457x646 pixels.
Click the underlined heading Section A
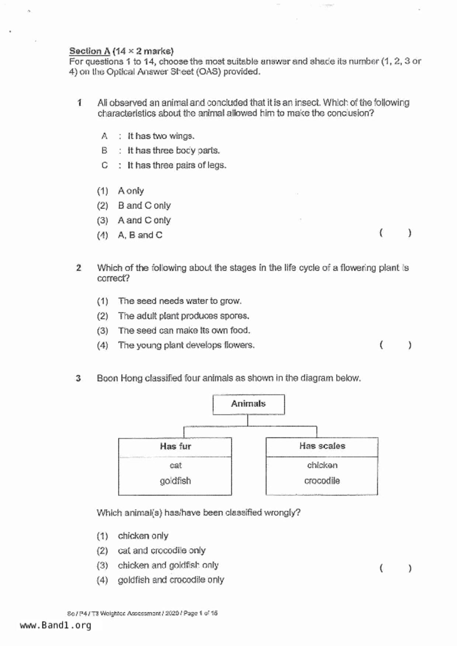tap(90, 51)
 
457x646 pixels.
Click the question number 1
tap(79, 103)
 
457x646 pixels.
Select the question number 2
tap(79, 268)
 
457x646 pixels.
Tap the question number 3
tap(78, 378)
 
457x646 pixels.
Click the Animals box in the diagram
tap(248, 404)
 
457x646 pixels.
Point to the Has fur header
tap(175, 446)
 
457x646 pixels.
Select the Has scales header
tap(322, 446)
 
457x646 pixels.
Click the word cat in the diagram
tap(176, 466)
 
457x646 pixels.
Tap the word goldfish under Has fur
tap(175, 481)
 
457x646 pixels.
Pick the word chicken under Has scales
tap(322, 466)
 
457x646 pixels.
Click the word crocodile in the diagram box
tap(322, 481)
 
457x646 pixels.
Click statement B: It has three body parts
tap(173, 151)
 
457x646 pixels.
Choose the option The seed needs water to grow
tap(180, 301)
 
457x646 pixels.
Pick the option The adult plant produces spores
tap(183, 316)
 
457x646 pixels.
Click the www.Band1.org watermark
tap(55, 625)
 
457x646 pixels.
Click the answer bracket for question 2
tap(395, 345)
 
